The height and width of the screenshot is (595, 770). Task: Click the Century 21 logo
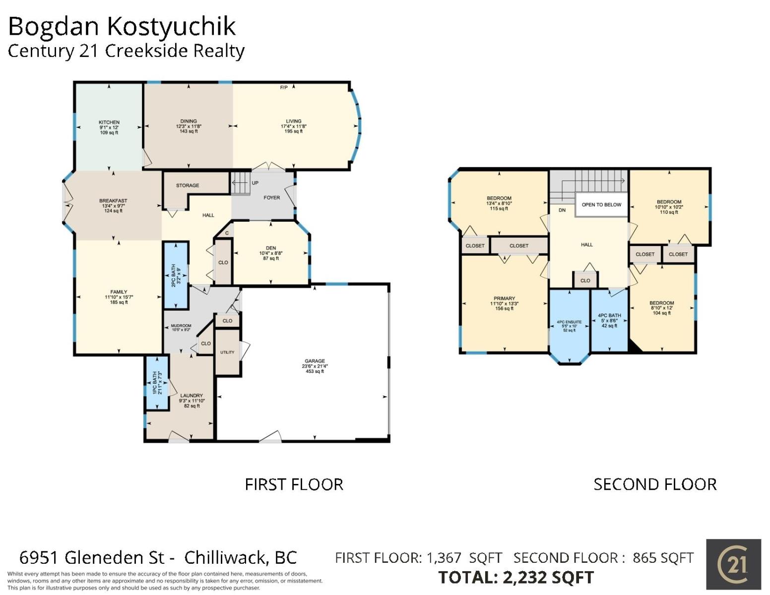pyautogui.click(x=733, y=564)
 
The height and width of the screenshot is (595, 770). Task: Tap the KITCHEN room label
pyautogui.click(x=109, y=122)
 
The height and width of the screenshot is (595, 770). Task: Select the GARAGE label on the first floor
pyautogui.click(x=315, y=361)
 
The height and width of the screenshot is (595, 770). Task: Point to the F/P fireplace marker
pyautogui.click(x=284, y=87)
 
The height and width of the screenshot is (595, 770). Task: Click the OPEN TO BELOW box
pyautogui.click(x=601, y=205)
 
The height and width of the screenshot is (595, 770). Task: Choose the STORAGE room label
pyautogui.click(x=188, y=185)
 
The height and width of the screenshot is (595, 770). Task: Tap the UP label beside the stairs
pyautogui.click(x=255, y=183)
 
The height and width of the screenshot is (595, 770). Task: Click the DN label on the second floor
pyautogui.click(x=562, y=210)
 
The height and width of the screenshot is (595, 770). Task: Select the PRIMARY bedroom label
pyautogui.click(x=504, y=298)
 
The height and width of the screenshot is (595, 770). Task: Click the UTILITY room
pyautogui.click(x=228, y=353)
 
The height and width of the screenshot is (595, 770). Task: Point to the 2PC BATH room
pyautogui.click(x=176, y=275)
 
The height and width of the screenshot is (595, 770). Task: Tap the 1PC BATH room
pyautogui.click(x=157, y=383)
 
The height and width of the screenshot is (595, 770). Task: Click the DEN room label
pyautogui.click(x=271, y=248)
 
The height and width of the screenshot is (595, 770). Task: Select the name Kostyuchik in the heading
pyautogui.click(x=171, y=27)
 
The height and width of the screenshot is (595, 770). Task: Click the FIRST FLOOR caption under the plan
pyautogui.click(x=294, y=484)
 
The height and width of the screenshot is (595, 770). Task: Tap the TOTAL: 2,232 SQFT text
pyautogui.click(x=516, y=577)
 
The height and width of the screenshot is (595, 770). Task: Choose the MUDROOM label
pyautogui.click(x=181, y=326)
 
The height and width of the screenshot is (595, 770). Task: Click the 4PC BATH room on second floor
pyautogui.click(x=609, y=320)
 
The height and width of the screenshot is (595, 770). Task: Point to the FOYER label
pyautogui.click(x=272, y=197)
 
